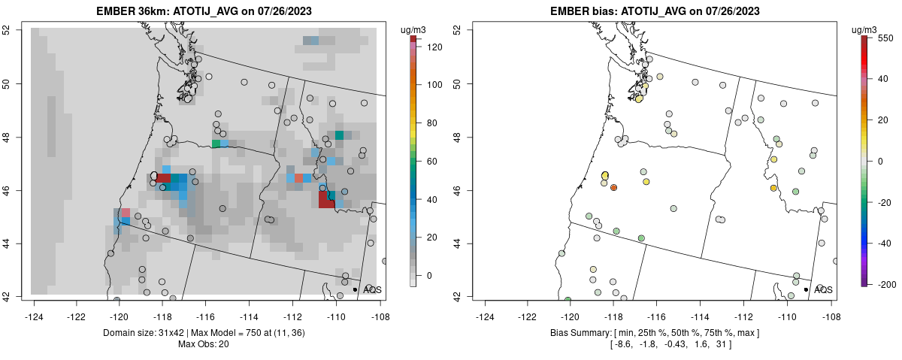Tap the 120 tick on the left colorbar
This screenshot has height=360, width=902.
(434, 47)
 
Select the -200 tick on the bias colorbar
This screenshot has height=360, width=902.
(885, 284)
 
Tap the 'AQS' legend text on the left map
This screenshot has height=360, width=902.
(372, 289)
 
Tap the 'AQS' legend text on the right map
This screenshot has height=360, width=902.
(823, 289)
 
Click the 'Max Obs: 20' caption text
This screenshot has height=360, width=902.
(204, 344)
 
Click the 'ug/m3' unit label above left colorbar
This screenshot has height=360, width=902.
(414, 29)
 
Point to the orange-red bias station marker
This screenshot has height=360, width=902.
(613, 187)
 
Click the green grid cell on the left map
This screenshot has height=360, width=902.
(216, 143)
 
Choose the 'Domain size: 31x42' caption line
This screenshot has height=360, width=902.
(204, 332)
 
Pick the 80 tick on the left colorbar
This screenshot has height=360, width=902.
(434, 123)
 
